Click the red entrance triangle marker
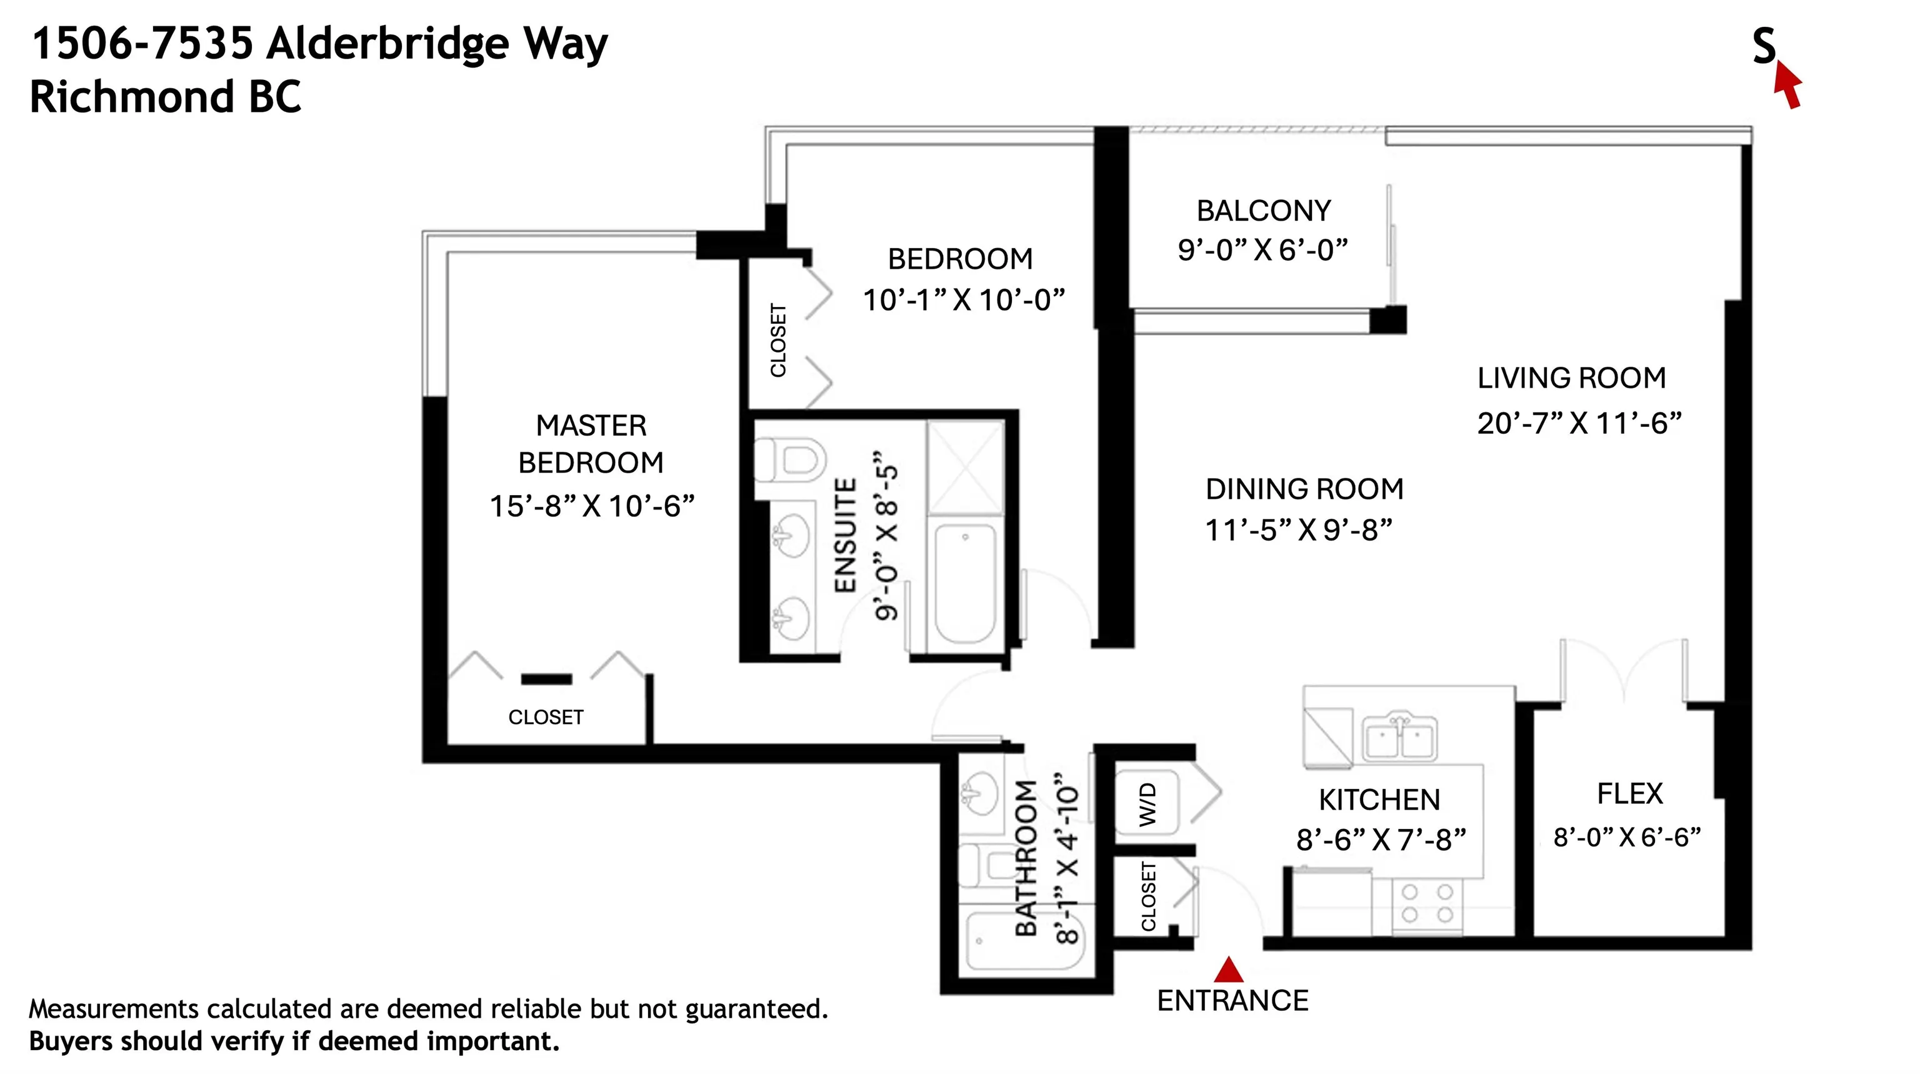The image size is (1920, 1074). click(x=1228, y=970)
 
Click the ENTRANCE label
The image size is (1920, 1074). click(x=1232, y=1001)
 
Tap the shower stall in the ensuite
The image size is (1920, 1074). click(x=965, y=468)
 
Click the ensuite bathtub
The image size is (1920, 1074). click(x=965, y=583)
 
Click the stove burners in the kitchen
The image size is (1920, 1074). click(x=1427, y=903)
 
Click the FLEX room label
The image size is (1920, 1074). click(x=1629, y=794)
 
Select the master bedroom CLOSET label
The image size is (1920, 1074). click(x=546, y=717)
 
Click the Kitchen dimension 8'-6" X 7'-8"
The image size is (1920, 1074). click(x=1381, y=840)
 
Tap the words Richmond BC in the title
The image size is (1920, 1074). click(x=166, y=98)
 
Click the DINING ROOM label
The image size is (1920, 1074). click(x=1304, y=489)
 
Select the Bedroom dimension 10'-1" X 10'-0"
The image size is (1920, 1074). click(x=963, y=300)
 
